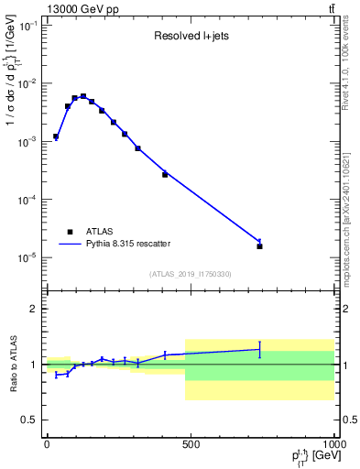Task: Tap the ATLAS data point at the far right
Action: pyautogui.click(x=260, y=245)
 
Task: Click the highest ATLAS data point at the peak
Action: pyautogui.click(x=83, y=96)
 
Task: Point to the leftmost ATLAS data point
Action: pyautogui.click(x=56, y=136)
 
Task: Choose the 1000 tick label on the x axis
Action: pyautogui.click(x=332, y=444)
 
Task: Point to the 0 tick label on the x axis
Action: pyautogui.click(x=47, y=444)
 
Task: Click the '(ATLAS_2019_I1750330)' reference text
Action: pyautogui.click(x=190, y=274)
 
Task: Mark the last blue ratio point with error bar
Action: pyautogui.click(x=260, y=349)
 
